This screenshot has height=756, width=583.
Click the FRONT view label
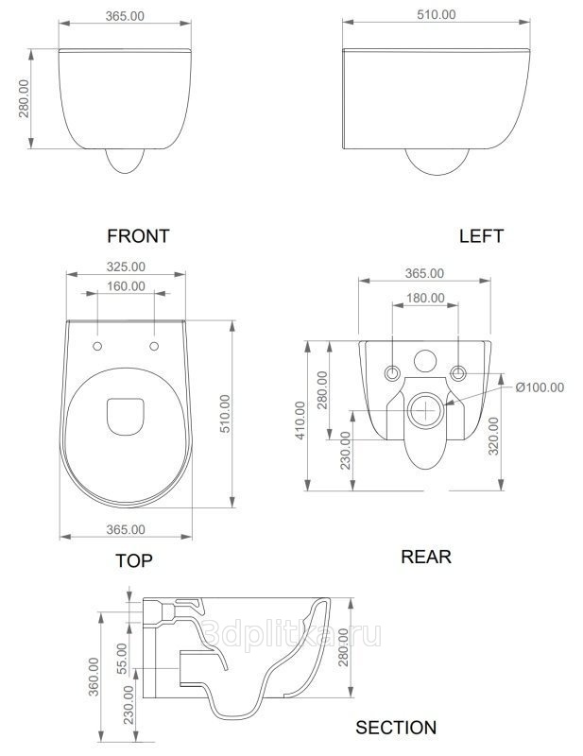[138, 236]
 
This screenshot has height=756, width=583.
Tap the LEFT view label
[481, 236]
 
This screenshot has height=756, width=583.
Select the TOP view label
[134, 560]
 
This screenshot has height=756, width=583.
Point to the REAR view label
[426, 557]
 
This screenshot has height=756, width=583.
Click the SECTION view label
[396, 728]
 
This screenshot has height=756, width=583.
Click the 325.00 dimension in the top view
[126, 266]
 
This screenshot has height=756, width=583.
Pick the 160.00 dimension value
[126, 286]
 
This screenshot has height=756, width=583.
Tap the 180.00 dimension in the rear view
[425, 298]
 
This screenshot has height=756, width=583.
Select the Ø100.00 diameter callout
[540, 387]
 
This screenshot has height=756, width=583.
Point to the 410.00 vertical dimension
[300, 420]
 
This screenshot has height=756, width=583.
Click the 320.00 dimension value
[494, 437]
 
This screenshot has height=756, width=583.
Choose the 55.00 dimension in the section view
[122, 659]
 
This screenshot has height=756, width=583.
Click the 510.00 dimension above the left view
[437, 15]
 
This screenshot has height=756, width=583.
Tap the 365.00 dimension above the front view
[125, 16]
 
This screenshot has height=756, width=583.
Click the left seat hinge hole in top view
[97, 346]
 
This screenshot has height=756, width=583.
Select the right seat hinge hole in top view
[154, 346]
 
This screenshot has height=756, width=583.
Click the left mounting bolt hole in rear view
[392, 373]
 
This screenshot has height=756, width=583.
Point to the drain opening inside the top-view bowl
[126, 417]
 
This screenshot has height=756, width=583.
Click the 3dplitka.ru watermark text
[291, 634]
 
